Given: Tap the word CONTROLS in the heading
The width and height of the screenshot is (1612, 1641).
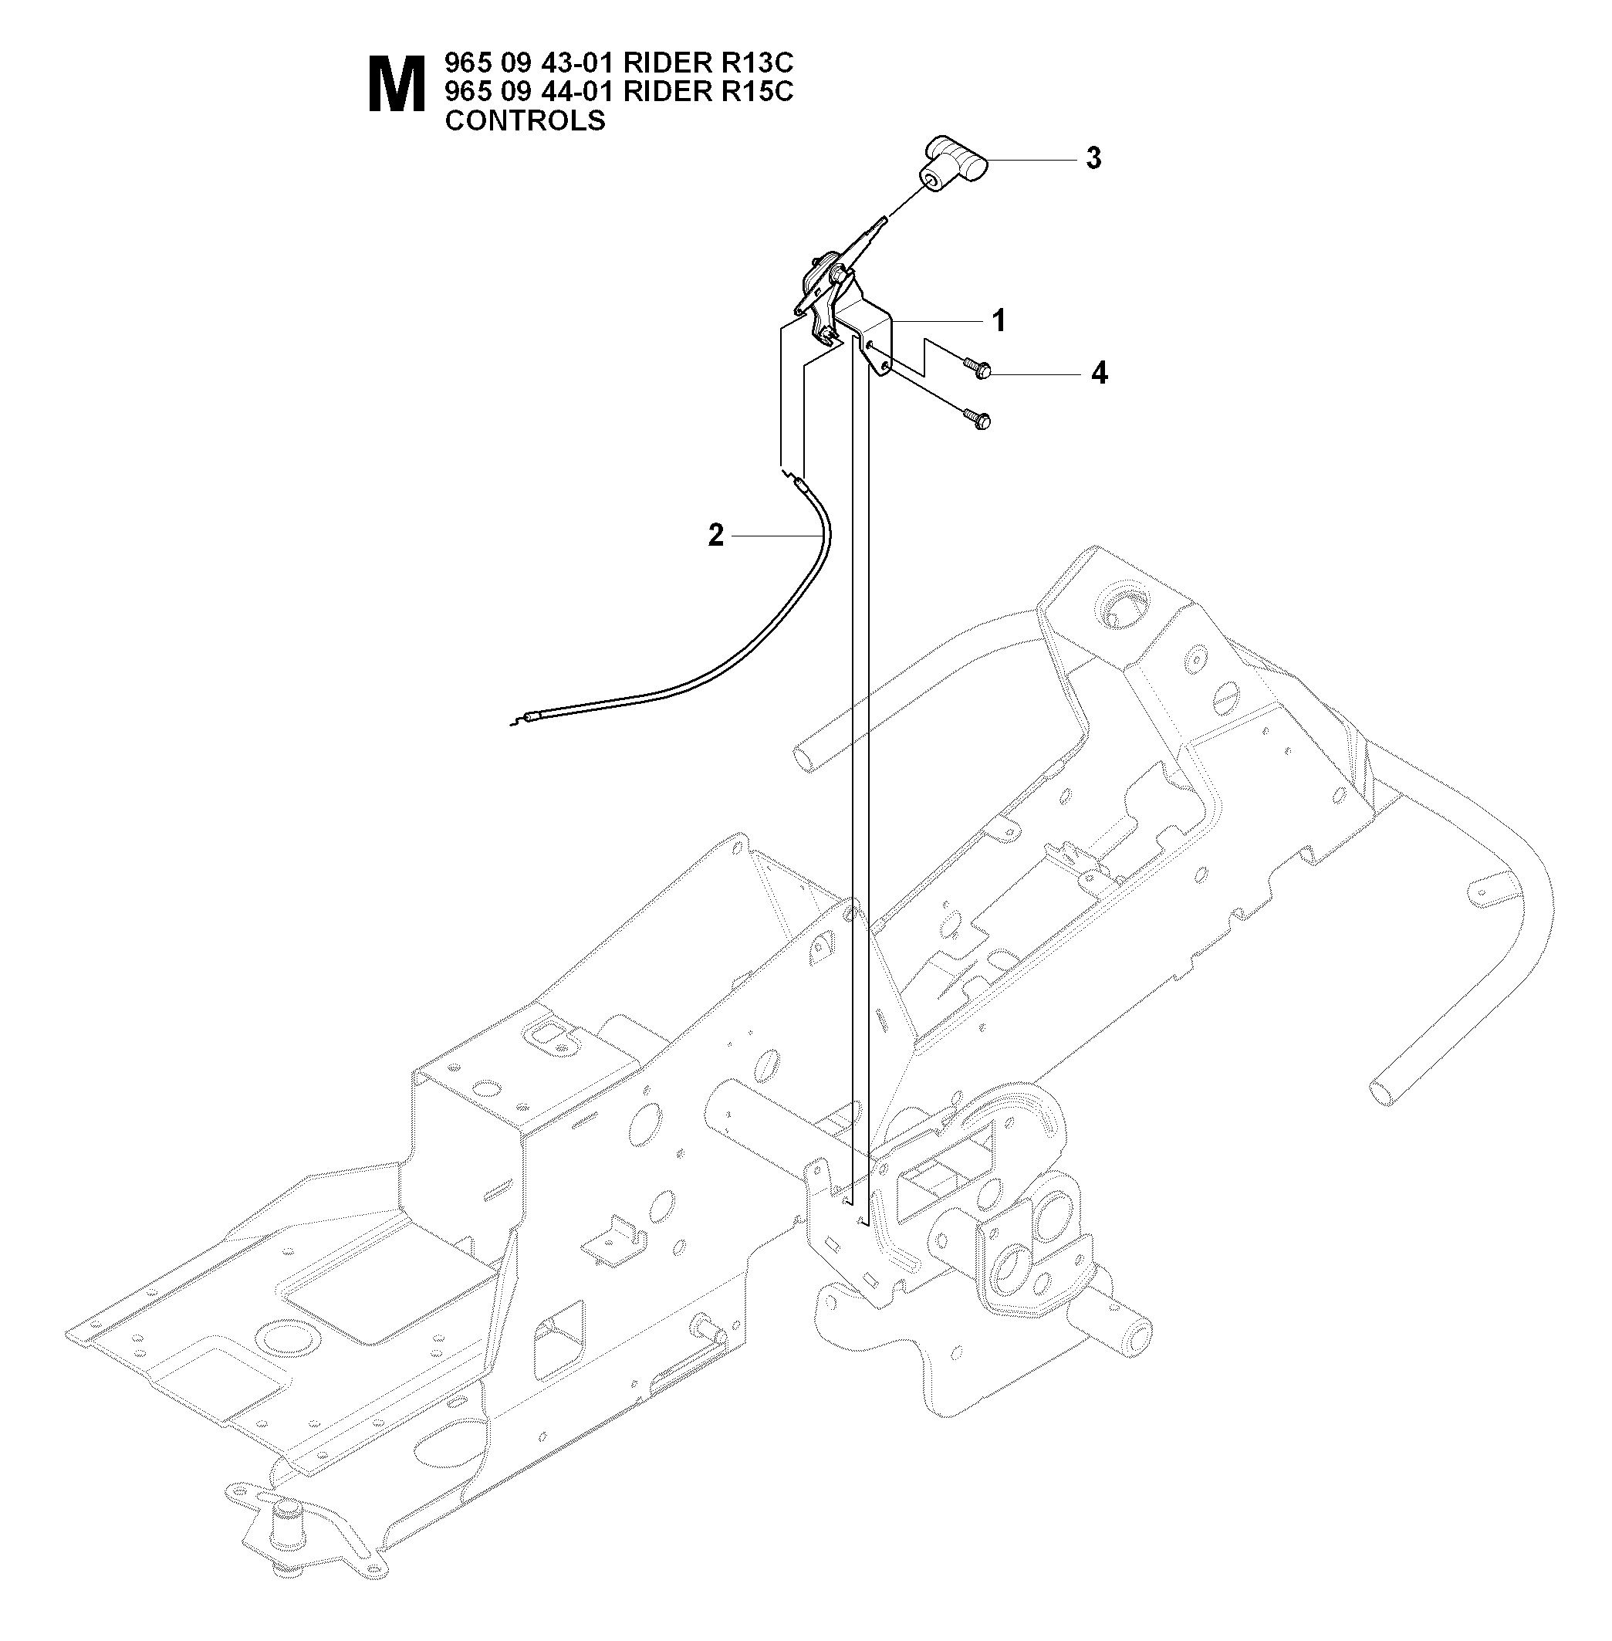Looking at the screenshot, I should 525,120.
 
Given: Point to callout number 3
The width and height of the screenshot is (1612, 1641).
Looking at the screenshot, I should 1093,158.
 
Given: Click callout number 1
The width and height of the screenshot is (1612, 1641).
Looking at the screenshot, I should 999,321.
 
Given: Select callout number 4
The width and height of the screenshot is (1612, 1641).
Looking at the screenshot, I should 1099,373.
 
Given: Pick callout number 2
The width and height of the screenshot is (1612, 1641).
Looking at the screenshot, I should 716,535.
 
